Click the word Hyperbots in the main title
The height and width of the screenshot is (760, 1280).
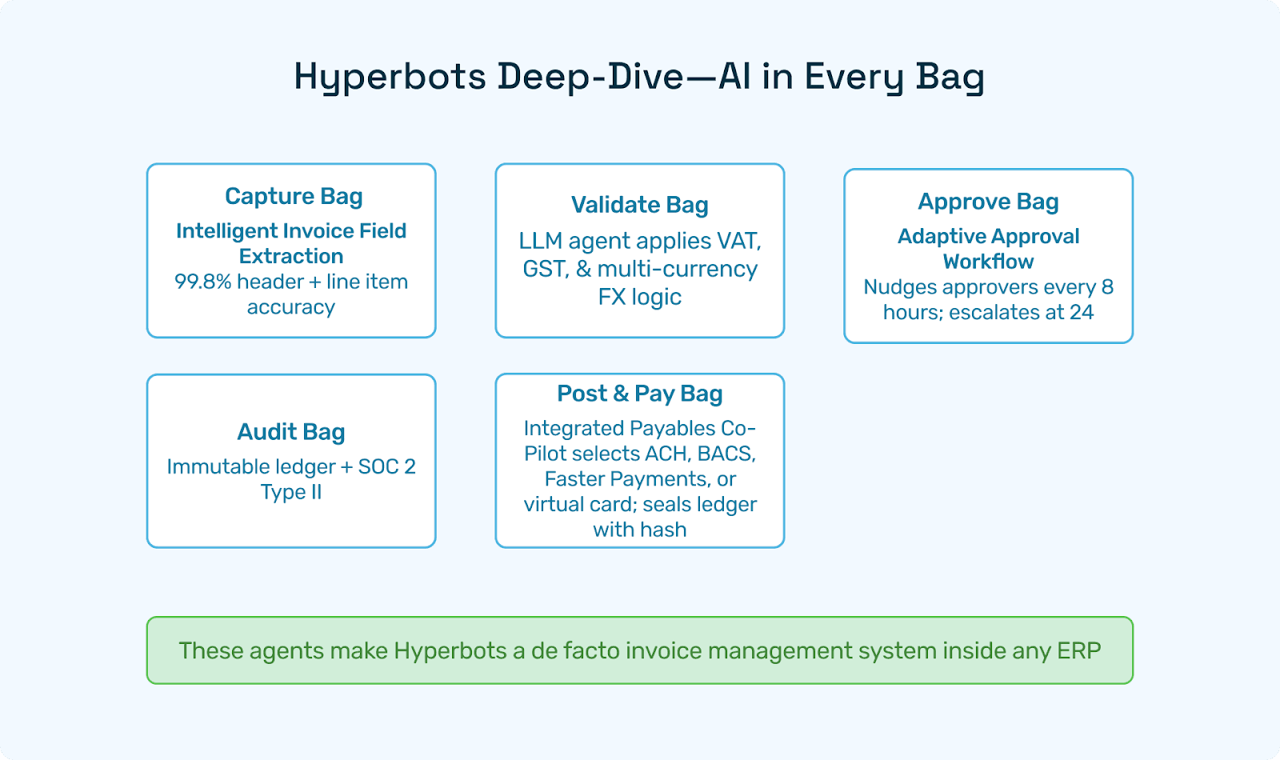click(390, 78)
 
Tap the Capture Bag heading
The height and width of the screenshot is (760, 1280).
click(294, 196)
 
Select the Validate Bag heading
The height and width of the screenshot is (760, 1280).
click(639, 205)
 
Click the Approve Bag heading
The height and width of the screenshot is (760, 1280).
click(988, 202)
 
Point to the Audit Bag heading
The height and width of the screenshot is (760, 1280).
click(291, 432)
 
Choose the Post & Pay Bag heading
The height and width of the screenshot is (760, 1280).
click(639, 394)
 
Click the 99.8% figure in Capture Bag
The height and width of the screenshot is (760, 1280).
click(202, 282)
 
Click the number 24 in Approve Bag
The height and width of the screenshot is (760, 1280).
click(1082, 312)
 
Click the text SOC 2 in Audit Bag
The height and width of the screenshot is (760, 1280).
click(386, 466)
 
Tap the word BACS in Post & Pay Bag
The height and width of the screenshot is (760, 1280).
click(726, 454)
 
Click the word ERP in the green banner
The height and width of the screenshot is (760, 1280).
click(1078, 650)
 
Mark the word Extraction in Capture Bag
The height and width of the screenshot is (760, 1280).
click(291, 256)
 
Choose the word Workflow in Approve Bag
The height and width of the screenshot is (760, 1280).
click(988, 262)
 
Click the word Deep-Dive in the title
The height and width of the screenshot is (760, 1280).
click(590, 78)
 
